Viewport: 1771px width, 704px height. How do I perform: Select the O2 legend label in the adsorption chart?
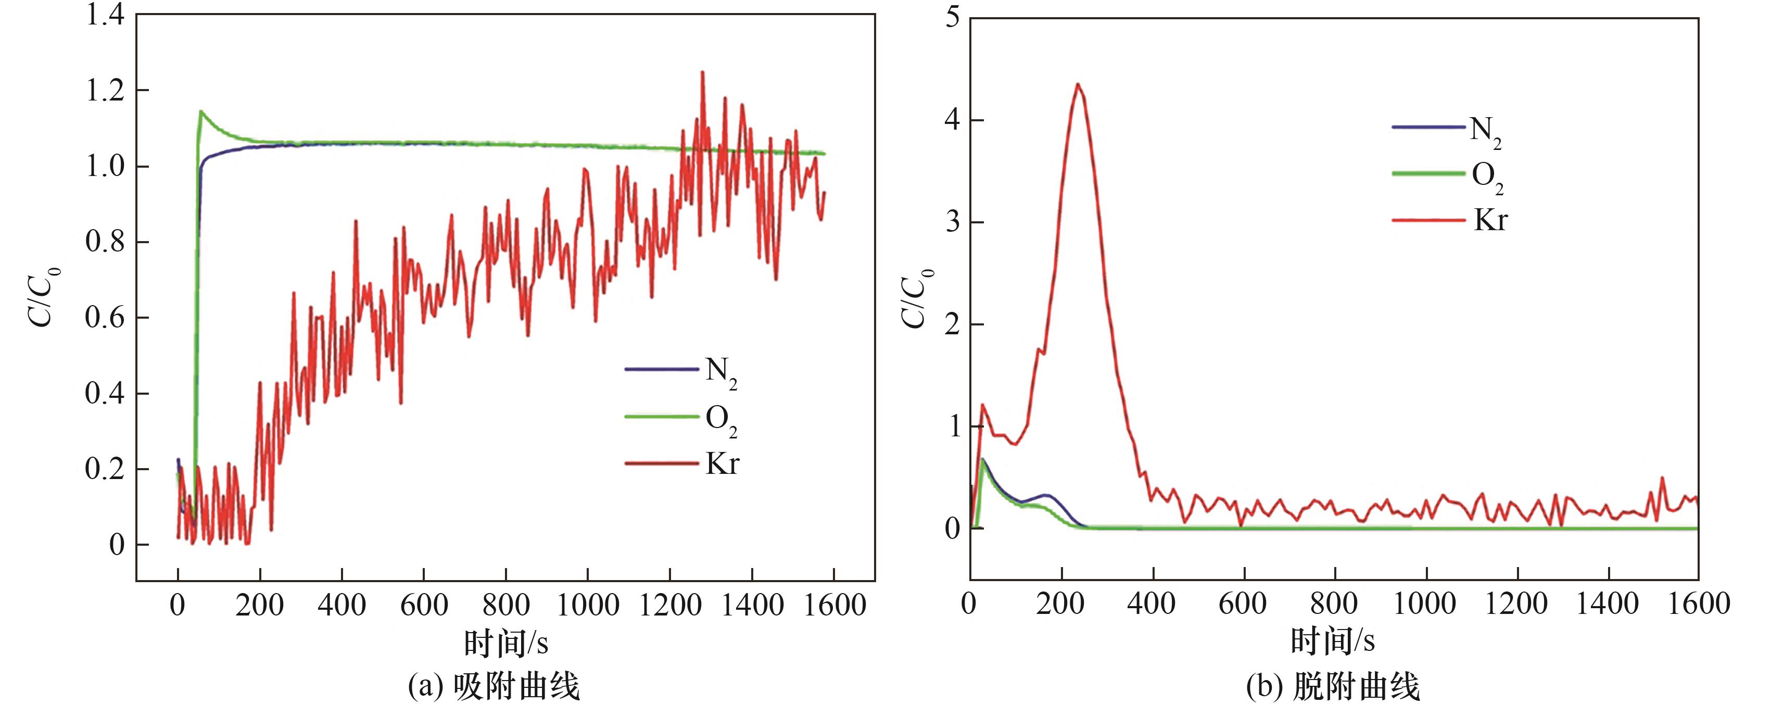[x=720, y=419]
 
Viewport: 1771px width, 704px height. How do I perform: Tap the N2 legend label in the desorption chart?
[x=1485, y=131]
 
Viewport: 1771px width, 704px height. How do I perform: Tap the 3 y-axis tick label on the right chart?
[x=952, y=222]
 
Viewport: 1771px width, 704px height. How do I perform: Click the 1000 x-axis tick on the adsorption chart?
[x=588, y=605]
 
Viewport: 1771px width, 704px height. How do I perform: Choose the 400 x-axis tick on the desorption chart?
[x=1152, y=604]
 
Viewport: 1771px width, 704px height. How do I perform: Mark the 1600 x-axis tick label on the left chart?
[x=834, y=605]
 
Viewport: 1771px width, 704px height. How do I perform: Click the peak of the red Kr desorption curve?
[x=1077, y=84]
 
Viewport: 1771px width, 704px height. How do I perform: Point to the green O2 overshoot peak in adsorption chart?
[x=201, y=111]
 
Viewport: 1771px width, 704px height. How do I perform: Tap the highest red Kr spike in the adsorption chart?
[x=702, y=71]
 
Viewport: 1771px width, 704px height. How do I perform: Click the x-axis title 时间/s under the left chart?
[x=506, y=644]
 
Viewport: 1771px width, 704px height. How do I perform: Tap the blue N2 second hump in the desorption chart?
[x=1046, y=495]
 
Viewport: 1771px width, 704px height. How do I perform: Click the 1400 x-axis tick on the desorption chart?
[x=1609, y=604]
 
